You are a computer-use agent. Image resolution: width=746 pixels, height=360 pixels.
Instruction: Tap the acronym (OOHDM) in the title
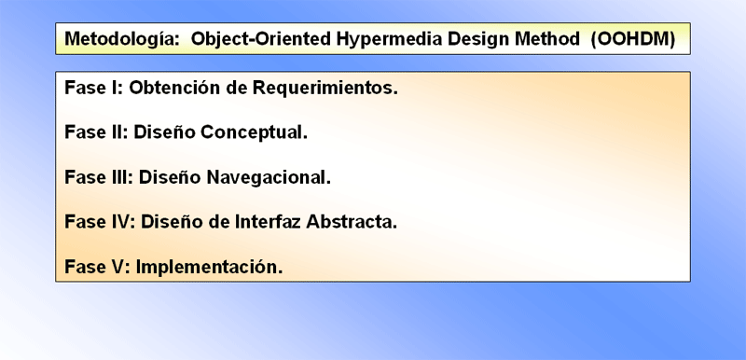pos(633,39)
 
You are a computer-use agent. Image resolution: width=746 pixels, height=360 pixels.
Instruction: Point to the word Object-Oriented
pos(261,39)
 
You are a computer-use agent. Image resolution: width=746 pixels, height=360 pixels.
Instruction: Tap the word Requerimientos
pos(325,89)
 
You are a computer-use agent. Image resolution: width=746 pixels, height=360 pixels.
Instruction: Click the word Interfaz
pos(266,222)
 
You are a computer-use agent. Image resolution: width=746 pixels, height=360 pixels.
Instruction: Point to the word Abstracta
pos(352,222)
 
